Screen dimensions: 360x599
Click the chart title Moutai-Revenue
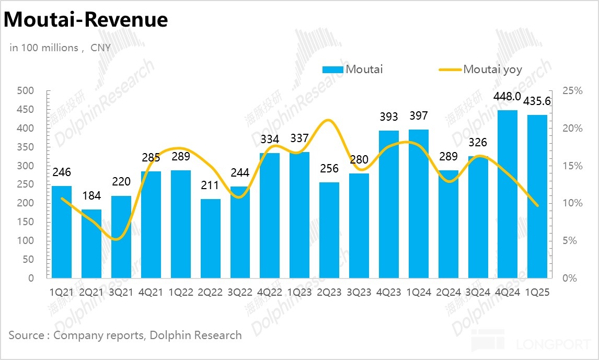[86, 20]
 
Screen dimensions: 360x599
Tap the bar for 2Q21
[91, 243]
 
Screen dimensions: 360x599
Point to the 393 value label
[389, 117]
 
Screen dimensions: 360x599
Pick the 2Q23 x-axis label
[329, 293]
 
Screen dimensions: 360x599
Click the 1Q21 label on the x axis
[61, 293]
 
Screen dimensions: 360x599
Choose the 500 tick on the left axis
[26, 91]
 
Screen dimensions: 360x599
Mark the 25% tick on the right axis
[572, 91]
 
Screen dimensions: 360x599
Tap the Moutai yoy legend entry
[492, 69]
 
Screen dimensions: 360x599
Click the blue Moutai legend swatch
[333, 69]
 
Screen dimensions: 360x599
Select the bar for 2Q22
[210, 238]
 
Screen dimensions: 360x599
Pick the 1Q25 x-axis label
[538, 293]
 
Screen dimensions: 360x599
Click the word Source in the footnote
[26, 335]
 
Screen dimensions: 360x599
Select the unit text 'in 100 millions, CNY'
[60, 48]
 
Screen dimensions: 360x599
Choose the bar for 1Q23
[299, 215]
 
